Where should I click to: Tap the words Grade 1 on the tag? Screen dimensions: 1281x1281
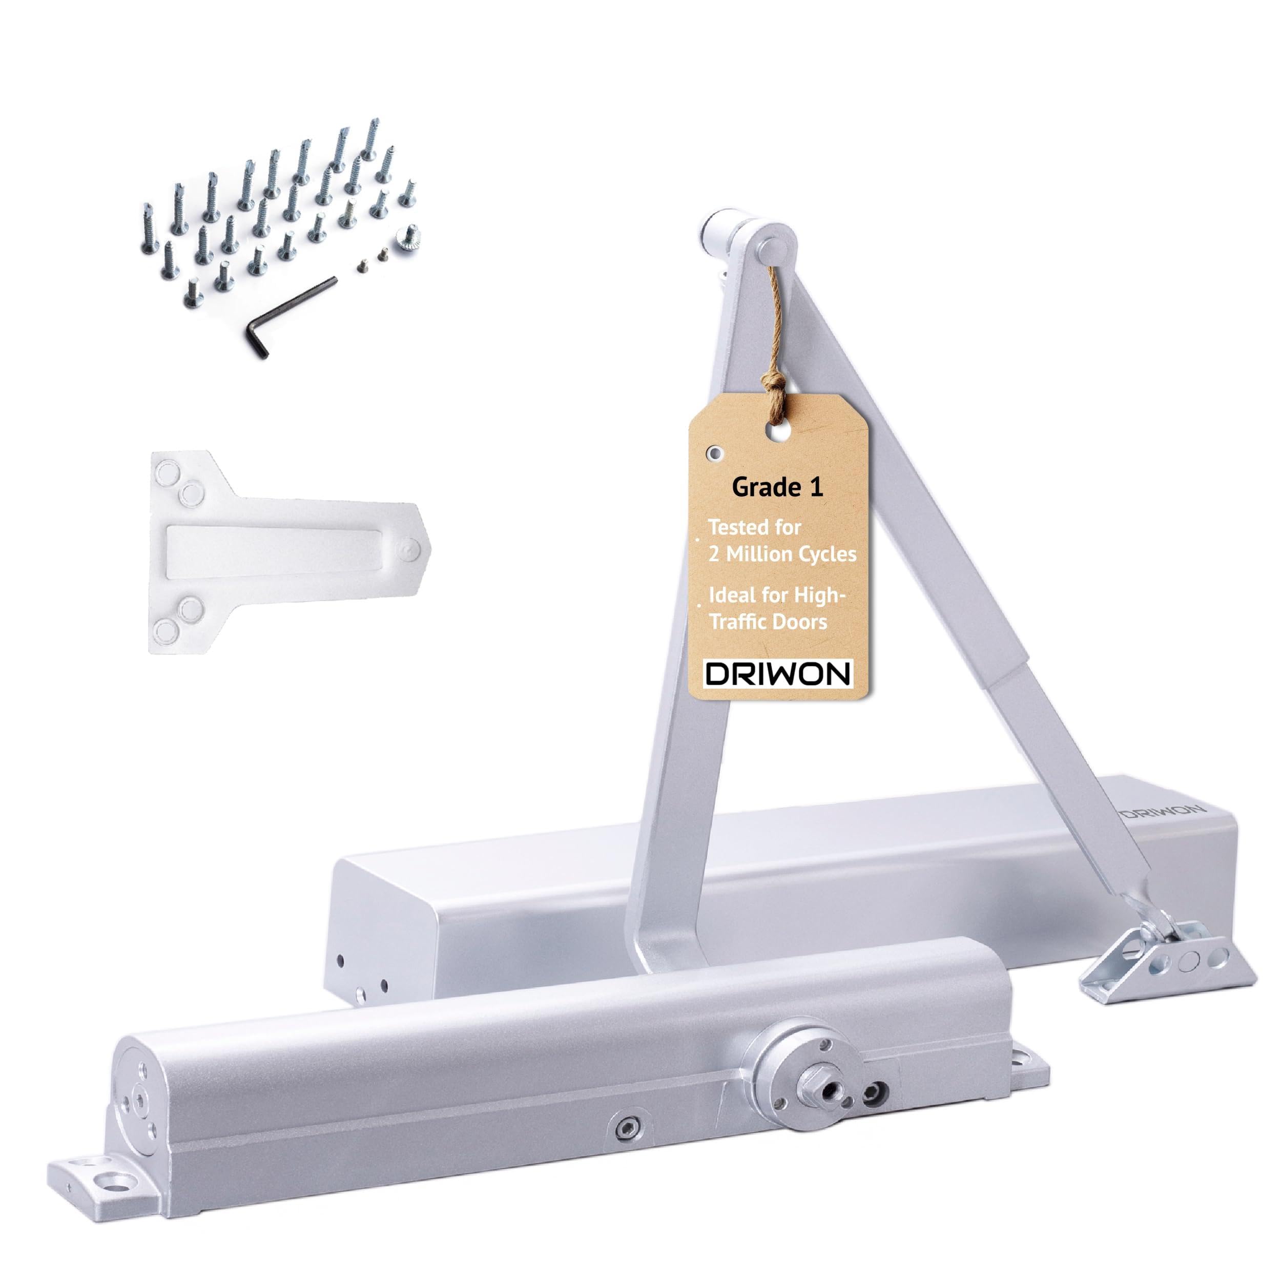[777, 488]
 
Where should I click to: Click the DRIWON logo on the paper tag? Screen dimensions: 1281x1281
[778, 674]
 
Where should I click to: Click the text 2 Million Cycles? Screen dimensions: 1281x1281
[782, 554]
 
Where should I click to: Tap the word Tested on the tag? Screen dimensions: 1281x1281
[755, 527]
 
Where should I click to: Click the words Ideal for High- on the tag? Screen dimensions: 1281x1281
[777, 595]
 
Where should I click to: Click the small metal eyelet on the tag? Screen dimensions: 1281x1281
[714, 453]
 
